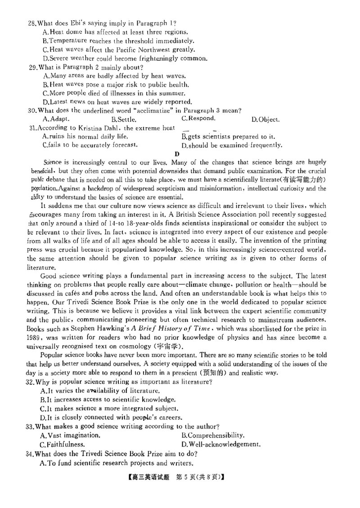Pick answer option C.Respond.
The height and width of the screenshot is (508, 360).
tap(198, 119)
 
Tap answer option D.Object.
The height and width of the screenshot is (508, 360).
tap(265, 120)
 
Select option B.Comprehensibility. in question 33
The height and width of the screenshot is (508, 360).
tap(213, 435)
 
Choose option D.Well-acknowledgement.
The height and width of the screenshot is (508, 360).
tap(220, 444)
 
